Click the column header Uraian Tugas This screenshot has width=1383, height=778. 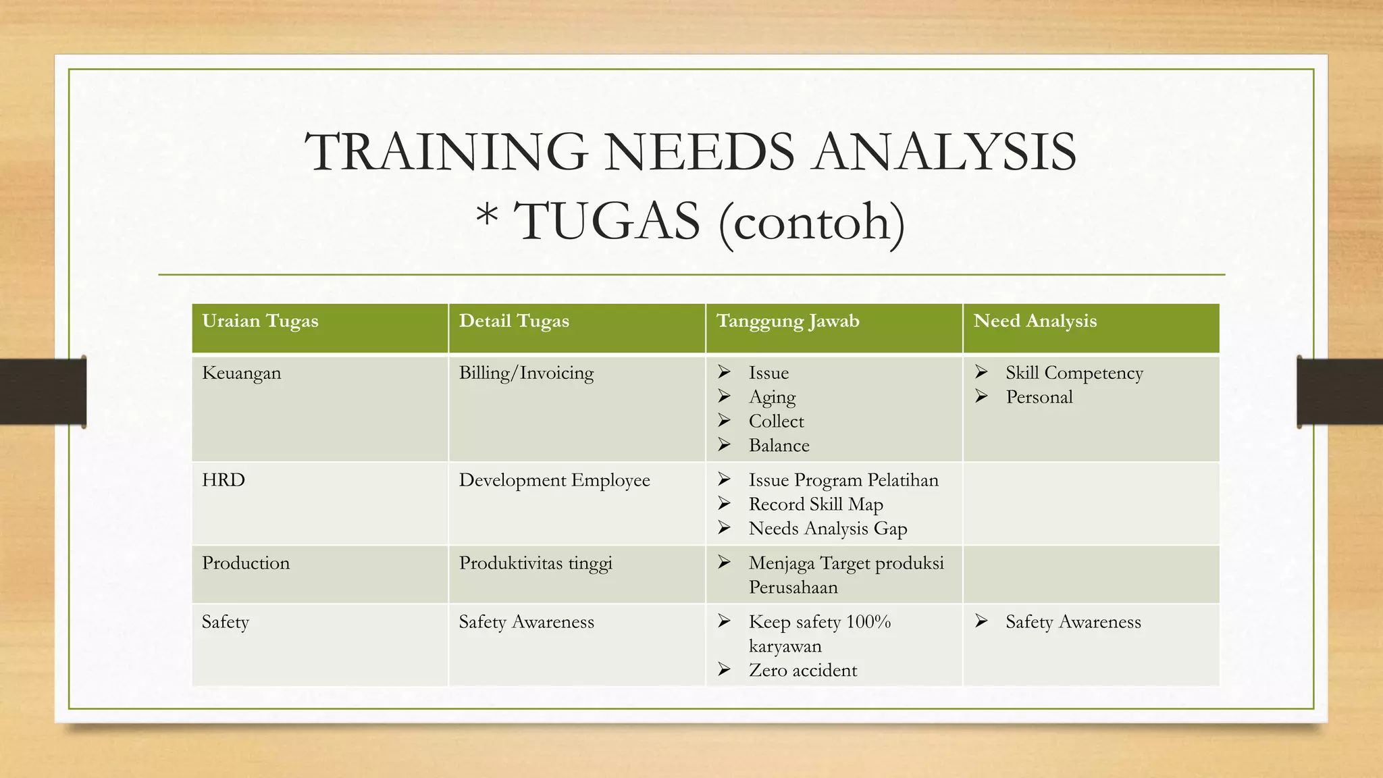[260, 321]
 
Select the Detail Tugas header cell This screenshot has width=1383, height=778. [514, 321]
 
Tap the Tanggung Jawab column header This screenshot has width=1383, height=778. [787, 321]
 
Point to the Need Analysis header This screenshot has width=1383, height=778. [1035, 321]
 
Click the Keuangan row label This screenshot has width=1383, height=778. [241, 373]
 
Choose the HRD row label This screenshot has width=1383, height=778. [224, 480]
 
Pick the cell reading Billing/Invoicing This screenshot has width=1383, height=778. [526, 373]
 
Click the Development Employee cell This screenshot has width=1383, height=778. [554, 480]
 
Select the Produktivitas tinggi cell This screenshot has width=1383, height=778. [536, 563]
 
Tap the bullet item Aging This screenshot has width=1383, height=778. [772, 397]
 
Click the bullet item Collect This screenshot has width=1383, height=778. [776, 421]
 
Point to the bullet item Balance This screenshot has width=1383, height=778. [779, 446]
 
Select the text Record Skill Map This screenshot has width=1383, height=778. [816, 504]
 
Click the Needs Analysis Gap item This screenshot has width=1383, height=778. [828, 529]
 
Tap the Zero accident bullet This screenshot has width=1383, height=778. [802, 671]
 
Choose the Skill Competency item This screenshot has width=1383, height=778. [1074, 373]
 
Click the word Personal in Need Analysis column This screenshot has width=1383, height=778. [1039, 397]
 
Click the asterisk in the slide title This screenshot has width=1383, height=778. [487, 217]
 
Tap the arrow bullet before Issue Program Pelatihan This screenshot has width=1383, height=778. [724, 479]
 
